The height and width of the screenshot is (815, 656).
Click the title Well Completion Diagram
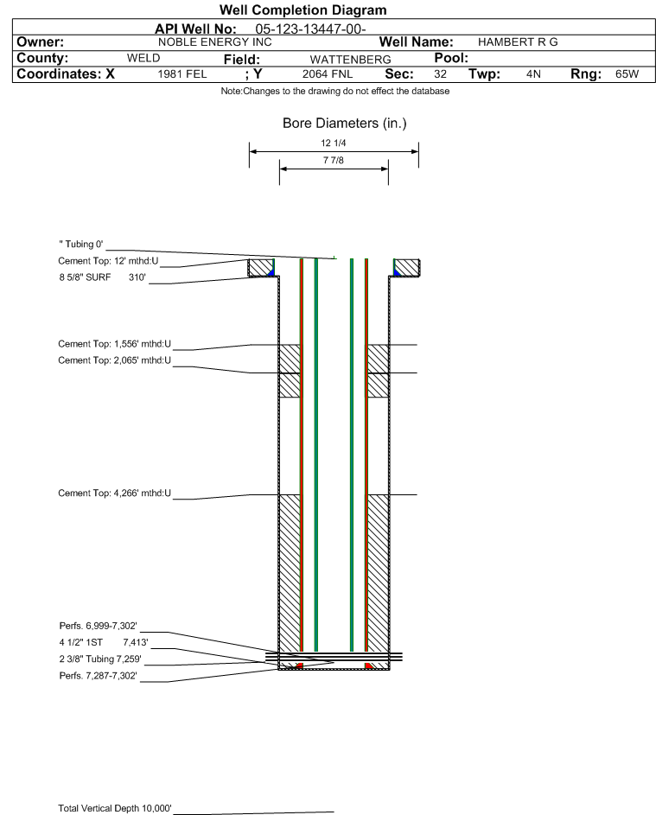point(303,10)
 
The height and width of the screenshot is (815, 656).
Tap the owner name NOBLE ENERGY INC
point(214,42)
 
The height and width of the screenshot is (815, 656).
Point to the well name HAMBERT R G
point(518,42)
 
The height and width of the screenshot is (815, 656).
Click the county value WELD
point(143,58)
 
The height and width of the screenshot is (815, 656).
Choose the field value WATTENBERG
point(350,60)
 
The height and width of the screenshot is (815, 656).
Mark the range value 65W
point(627,73)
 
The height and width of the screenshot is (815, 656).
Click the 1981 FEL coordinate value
point(182,74)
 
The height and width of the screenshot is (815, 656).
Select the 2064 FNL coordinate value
point(328,74)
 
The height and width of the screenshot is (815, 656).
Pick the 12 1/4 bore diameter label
point(334,143)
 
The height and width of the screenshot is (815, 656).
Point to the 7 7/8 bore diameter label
point(334,160)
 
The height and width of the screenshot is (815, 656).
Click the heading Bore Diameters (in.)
point(344,124)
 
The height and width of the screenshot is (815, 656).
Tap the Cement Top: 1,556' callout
point(114,344)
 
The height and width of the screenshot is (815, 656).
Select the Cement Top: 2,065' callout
point(114,360)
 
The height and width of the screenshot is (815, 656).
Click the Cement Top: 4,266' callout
point(114,493)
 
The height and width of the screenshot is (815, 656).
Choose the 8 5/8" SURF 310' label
point(102,277)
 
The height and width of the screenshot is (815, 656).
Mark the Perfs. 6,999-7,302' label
point(99,626)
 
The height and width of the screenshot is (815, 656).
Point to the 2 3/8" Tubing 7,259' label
point(100,659)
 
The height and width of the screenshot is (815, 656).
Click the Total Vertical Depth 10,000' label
point(115,808)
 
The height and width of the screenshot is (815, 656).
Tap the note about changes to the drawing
point(335,92)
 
